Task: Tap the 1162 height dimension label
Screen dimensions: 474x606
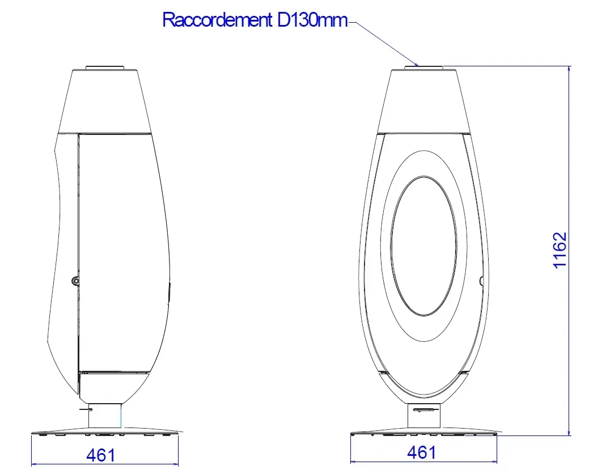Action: [560, 250]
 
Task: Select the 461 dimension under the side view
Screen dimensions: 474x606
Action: [101, 455]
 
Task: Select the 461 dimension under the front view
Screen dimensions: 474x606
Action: [422, 452]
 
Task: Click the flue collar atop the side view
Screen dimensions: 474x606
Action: [104, 67]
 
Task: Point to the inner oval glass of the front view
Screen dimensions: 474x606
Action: [423, 245]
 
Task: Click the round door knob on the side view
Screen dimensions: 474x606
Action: [75, 280]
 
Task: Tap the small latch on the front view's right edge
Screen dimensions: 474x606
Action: [482, 280]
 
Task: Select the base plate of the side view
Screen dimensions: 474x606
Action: [105, 433]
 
